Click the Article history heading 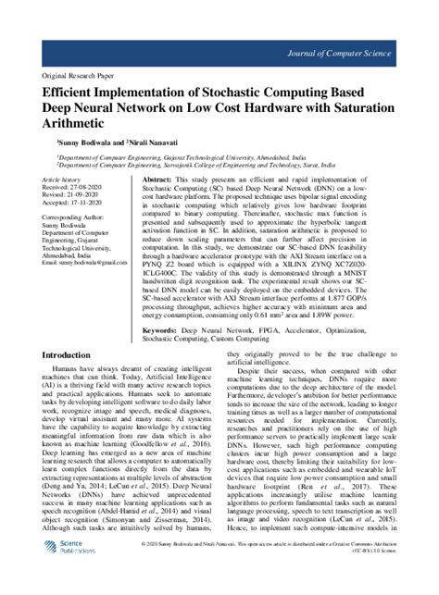coord(63,178)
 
